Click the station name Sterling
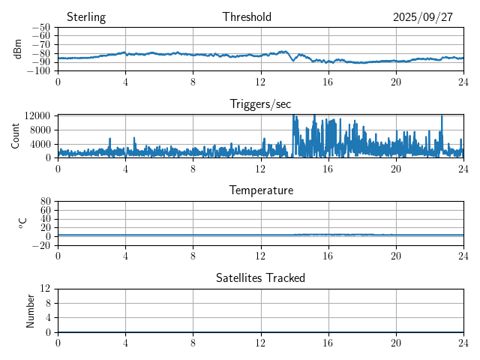pyautogui.click(x=86, y=17)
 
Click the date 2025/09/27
pyautogui.click(x=423, y=17)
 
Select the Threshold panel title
pyautogui.click(x=247, y=17)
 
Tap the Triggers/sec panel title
pyautogui.click(x=260, y=104)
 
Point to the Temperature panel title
pyautogui.click(x=260, y=190)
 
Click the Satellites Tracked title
pyautogui.click(x=260, y=277)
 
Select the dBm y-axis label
pyautogui.click(x=18, y=49)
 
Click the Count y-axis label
pyautogui.click(x=16, y=136)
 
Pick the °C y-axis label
pyautogui.click(x=22, y=223)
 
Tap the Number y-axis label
pyautogui.click(x=31, y=310)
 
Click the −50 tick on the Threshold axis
pyautogui.click(x=41, y=28)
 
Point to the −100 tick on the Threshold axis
pyautogui.click(x=39, y=71)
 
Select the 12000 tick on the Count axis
pyautogui.click(x=37, y=115)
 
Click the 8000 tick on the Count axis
pyautogui.click(x=39, y=129)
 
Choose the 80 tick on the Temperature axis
pyautogui.click(x=45, y=202)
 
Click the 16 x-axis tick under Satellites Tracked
pyautogui.click(x=328, y=342)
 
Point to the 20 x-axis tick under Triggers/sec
pyautogui.click(x=396, y=169)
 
